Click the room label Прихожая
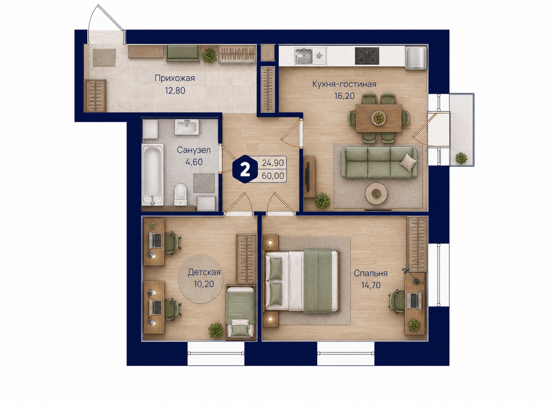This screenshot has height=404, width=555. pos(175,78)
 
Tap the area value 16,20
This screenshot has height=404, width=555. pos(344,96)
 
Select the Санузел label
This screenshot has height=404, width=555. pos(194,150)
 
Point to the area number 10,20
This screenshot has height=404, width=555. pos(204,284)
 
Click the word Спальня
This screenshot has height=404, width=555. pos(371,273)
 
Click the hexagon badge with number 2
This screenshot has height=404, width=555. pos(245,170)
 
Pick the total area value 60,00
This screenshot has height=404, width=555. pos(273,176)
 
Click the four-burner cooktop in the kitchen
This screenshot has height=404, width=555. pos(367,56)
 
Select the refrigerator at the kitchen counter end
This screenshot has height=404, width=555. pos(416,58)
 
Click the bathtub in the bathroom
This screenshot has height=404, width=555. pos(153,175)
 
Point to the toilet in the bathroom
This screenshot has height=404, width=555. pos(180,195)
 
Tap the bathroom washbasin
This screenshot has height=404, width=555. pos(187,127)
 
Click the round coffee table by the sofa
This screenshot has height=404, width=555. pos(376,193)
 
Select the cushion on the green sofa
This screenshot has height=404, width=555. pos(408,162)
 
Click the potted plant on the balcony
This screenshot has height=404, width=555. pos(461,158)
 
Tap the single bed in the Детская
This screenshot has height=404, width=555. pos(240,313)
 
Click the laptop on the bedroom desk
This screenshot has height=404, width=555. pos(414,301)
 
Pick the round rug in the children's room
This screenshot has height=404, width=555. pos(200,279)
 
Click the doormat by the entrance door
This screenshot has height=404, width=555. pos(104,57)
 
